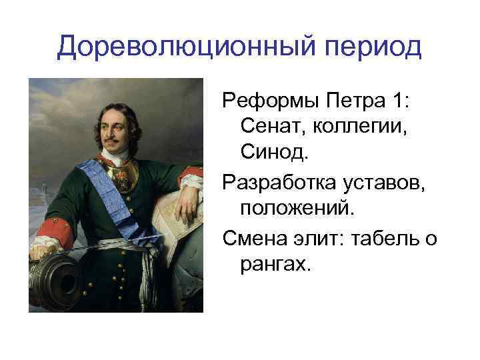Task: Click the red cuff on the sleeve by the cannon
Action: coord(50,237)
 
